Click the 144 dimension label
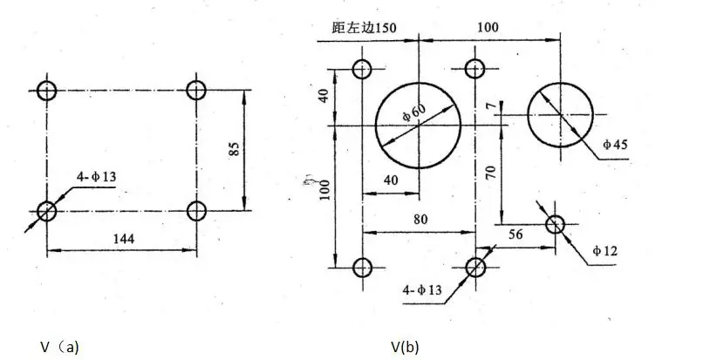tap(122, 238)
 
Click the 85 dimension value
tap(233, 149)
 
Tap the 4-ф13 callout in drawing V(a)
tap(97, 178)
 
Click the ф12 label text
tap(605, 251)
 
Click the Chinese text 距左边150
tap(365, 27)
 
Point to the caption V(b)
tap(405, 346)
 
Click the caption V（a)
tap(59, 346)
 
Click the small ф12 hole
tap(556, 225)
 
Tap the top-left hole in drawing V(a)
tap(47, 90)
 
